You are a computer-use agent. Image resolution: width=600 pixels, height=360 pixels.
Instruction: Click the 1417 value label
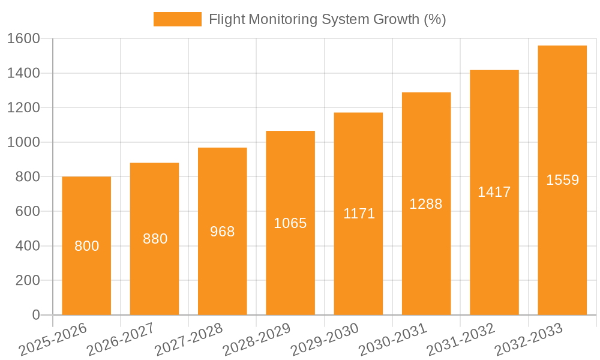494,192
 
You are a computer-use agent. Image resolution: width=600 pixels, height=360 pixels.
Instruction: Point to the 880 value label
155,239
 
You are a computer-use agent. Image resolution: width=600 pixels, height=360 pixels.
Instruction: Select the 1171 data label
359,214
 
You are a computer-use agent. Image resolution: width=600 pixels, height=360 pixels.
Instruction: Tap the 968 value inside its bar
223,232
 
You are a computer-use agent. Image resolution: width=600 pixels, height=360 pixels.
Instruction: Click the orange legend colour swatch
177,19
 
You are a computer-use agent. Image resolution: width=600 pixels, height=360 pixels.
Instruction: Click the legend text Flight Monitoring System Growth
327,19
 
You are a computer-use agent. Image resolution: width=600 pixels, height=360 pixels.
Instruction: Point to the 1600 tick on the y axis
23,38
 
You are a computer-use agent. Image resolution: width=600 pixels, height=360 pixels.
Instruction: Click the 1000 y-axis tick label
23,142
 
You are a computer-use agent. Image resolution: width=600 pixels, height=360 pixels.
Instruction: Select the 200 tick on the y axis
28,280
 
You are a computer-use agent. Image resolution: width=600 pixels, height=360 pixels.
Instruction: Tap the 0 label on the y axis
35,315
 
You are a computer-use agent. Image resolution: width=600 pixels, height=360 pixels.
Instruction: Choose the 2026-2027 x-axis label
120,339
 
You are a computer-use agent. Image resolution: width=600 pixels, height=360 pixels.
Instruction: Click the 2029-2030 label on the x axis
325,339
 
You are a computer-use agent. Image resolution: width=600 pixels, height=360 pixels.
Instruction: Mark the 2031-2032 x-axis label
460,339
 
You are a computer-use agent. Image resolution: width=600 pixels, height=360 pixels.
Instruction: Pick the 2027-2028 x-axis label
188,339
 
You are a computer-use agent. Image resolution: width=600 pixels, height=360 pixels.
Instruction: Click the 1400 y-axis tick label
23,73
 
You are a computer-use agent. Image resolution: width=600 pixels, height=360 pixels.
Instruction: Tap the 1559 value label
562,180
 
